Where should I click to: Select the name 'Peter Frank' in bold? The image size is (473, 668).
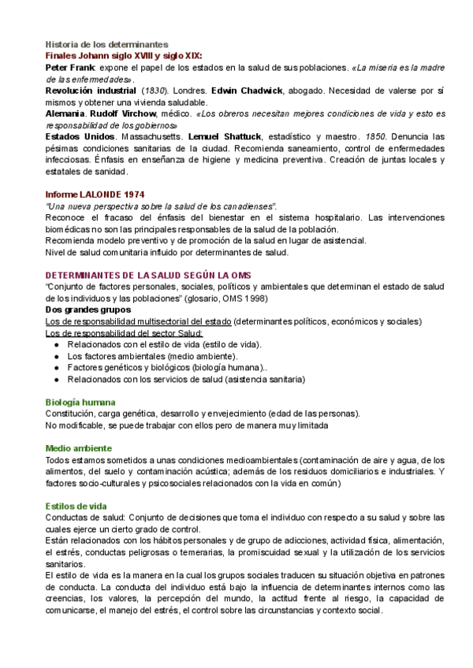coord(68,69)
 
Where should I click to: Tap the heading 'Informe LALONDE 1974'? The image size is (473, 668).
coord(95,195)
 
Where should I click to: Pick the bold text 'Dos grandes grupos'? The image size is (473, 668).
coord(86,310)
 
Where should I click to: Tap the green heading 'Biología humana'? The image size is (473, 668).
coord(80,402)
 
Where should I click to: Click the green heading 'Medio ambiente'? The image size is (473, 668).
coord(78,448)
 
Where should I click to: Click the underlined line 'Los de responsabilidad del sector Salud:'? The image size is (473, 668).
coord(124,333)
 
